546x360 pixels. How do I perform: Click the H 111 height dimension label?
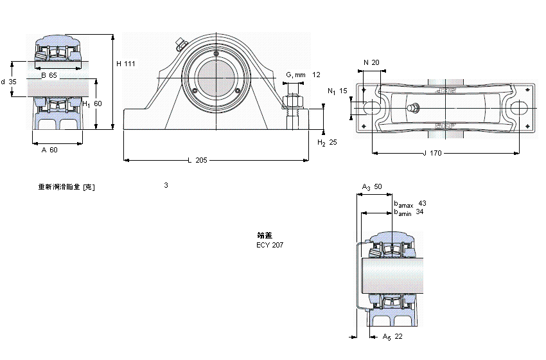[x=125, y=63]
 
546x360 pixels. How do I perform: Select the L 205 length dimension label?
[x=197, y=160]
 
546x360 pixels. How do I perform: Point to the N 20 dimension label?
[x=371, y=62]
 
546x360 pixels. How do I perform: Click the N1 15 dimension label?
[x=337, y=91]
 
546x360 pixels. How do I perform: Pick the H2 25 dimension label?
[x=327, y=142]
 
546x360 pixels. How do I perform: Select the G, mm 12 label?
[x=302, y=75]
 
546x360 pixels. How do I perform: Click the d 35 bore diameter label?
[x=8, y=82]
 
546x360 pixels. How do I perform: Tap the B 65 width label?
[x=49, y=76]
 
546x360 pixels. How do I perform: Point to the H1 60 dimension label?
[x=92, y=104]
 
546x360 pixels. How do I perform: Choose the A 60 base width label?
[x=49, y=150]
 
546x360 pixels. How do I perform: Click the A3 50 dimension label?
[x=372, y=186]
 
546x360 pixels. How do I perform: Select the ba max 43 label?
[x=410, y=204]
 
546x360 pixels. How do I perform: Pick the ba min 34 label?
[x=409, y=212]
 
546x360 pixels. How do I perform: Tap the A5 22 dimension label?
[x=392, y=337]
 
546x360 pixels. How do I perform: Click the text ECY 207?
[x=270, y=245]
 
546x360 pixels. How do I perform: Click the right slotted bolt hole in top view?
[x=519, y=108]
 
